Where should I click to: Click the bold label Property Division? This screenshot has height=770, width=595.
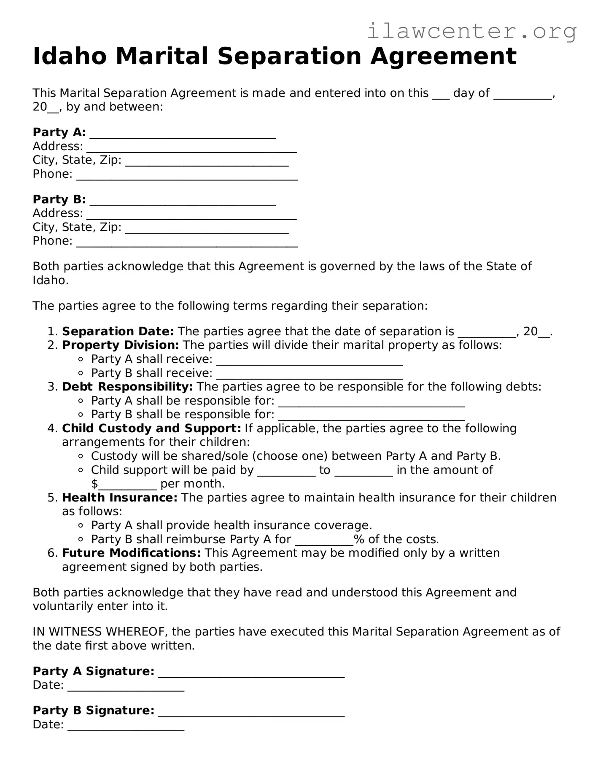point(120,345)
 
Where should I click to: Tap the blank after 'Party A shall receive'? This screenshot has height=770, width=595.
point(310,361)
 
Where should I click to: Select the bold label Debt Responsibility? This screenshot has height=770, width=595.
point(127,387)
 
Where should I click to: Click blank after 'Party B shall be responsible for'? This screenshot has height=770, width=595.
point(371,417)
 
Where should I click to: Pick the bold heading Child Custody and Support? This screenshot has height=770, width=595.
point(151,428)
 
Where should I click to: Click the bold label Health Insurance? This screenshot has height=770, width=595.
point(120,498)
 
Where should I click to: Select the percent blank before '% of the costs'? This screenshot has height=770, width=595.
point(324,541)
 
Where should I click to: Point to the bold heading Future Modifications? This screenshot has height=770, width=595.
point(131,553)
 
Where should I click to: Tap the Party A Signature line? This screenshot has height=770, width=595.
point(251,673)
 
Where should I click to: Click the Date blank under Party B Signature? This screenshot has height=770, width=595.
point(126,727)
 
